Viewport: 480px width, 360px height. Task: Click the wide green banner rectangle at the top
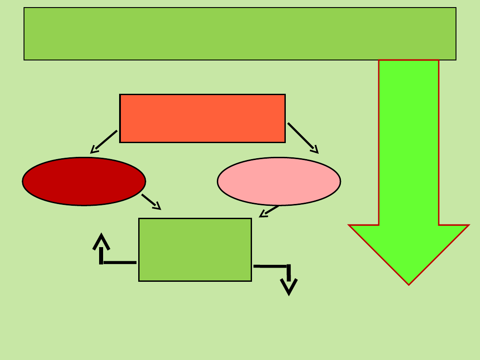point(240,34)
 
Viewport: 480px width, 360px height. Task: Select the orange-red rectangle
point(202,118)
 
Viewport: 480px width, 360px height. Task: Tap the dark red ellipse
point(84,181)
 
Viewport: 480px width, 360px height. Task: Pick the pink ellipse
point(279,181)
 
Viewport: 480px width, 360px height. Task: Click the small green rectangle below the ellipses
point(195,249)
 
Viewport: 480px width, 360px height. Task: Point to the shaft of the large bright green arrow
point(408,142)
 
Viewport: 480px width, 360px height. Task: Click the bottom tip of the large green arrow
point(409,283)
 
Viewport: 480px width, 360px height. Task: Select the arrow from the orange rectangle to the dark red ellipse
point(104,141)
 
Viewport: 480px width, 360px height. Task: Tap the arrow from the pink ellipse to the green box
point(269,211)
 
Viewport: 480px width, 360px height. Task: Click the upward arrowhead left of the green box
point(101,241)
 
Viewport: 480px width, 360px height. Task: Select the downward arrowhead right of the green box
point(289,287)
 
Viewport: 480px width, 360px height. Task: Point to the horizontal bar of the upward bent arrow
point(119,262)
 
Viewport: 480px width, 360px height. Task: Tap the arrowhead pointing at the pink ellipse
point(315,150)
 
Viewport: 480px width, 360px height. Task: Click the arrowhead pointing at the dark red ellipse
point(94,150)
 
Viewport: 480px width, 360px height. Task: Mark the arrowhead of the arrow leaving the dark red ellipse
point(157,206)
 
